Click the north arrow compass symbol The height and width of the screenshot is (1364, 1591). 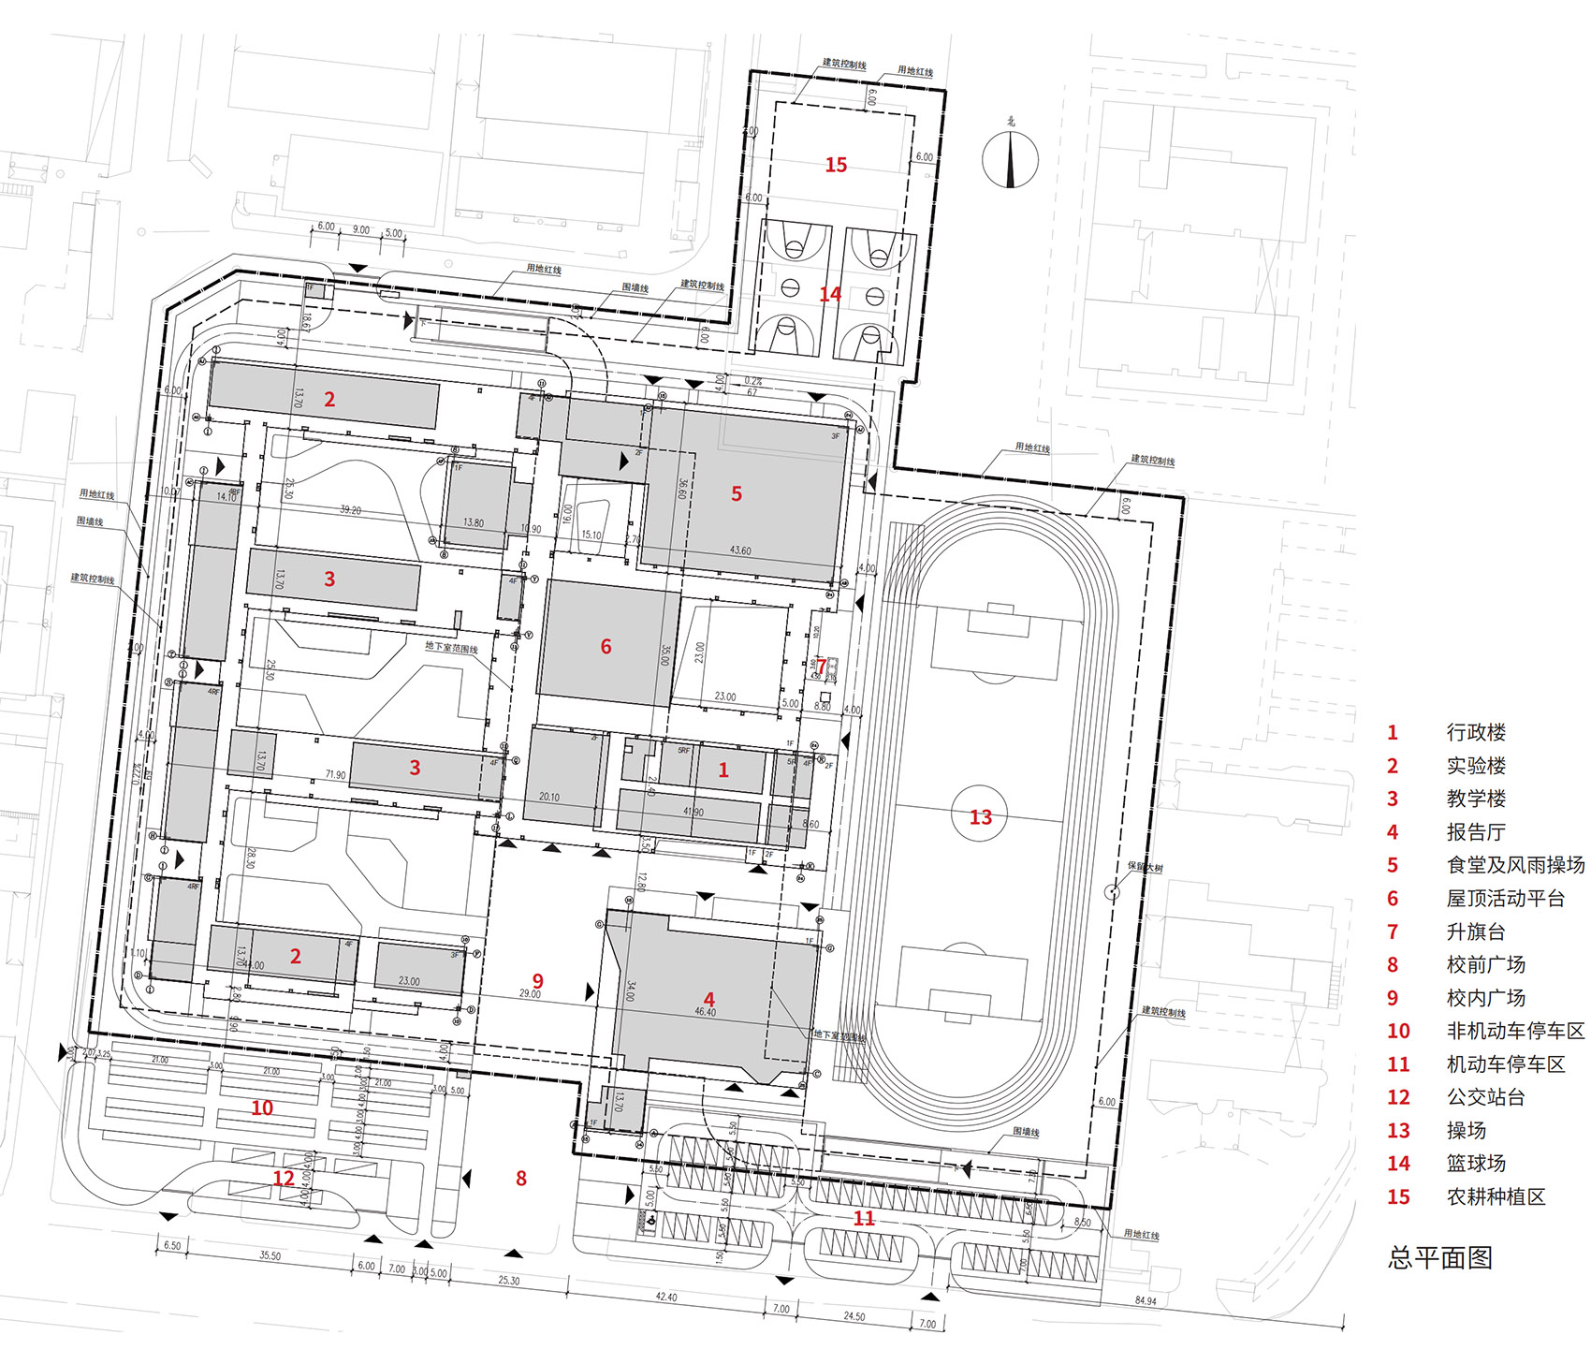(x=1010, y=158)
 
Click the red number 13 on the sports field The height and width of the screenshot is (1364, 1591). (x=980, y=817)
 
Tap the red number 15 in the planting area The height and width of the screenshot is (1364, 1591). (x=836, y=165)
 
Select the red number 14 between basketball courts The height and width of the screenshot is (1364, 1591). (x=830, y=294)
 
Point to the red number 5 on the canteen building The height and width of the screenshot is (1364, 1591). (x=737, y=493)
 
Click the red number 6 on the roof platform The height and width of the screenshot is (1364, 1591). (x=606, y=647)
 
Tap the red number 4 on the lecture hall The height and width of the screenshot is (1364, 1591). (x=709, y=1000)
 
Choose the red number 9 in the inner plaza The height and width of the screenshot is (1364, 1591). (x=537, y=981)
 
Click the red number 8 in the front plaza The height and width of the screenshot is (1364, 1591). (x=521, y=1179)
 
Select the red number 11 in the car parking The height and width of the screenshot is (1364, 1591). (x=864, y=1218)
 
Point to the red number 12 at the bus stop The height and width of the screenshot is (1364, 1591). (x=284, y=1179)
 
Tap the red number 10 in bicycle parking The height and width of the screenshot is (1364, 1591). (x=262, y=1107)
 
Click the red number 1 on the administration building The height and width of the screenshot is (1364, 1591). (x=723, y=770)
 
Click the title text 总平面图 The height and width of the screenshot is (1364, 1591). (x=1439, y=1257)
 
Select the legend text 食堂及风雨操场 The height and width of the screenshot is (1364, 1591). (x=1515, y=865)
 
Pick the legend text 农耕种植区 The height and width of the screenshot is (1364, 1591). (x=1496, y=1196)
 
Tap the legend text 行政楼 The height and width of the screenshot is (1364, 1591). (x=1476, y=732)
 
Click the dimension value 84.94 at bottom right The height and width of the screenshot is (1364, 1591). (x=1145, y=1301)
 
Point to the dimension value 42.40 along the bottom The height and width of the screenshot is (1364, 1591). (x=665, y=1298)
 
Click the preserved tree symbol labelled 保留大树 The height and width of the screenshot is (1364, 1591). (x=1112, y=891)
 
